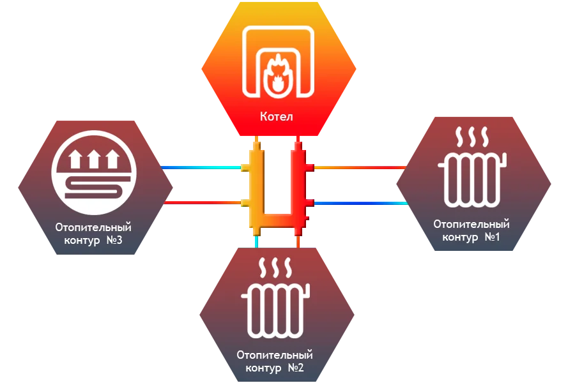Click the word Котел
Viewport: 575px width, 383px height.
(276, 117)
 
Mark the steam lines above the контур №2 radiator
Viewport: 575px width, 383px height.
(275, 266)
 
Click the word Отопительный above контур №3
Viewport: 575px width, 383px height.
(93, 227)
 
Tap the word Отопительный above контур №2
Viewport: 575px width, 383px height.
(275, 354)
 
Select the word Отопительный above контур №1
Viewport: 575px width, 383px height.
(471, 224)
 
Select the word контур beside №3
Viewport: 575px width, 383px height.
(82, 241)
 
